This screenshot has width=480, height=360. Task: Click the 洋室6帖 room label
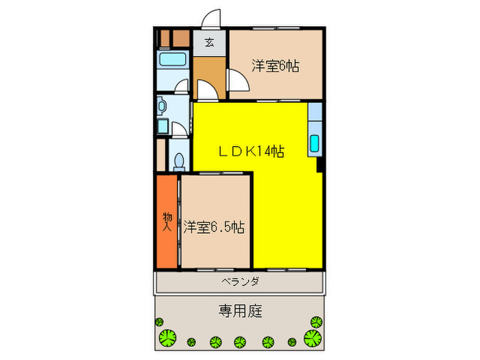click(x=275, y=67)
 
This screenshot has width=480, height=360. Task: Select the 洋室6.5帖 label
click(x=215, y=227)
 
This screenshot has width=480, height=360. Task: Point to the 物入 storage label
click(x=167, y=221)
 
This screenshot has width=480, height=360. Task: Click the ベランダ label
click(x=239, y=281)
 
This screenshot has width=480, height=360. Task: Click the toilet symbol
click(x=179, y=160)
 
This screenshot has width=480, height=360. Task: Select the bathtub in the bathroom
click(x=173, y=59)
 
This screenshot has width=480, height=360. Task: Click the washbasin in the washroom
click(x=162, y=106)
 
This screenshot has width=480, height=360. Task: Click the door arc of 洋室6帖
click(x=239, y=82)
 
